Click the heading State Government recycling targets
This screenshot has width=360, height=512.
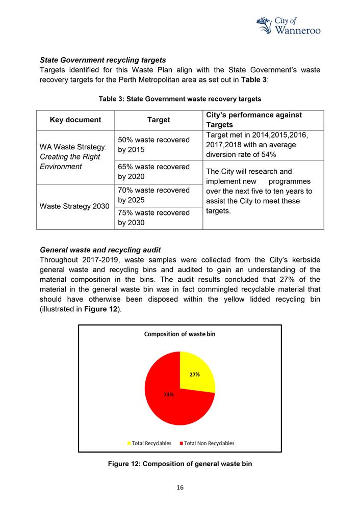pos(102,60)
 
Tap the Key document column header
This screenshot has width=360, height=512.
pos(75,120)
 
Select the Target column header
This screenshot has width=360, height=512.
pos(159,120)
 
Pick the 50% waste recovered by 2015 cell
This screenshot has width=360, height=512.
pos(153,145)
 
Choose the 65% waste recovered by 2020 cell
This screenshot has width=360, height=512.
pos(153,172)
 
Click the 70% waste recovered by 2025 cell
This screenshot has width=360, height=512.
pos(153,195)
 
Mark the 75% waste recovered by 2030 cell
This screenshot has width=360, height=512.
pos(153,218)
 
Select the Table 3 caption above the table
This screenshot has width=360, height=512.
pos(180,99)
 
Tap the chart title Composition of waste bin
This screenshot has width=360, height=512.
pos(179,334)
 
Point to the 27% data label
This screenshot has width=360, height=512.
pos(194,374)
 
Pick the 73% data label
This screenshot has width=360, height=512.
pos(169,394)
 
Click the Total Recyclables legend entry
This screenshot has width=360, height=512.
pos(149,443)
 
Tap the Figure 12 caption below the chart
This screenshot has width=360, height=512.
pos(179,464)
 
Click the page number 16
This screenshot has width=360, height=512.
pos(180,488)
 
